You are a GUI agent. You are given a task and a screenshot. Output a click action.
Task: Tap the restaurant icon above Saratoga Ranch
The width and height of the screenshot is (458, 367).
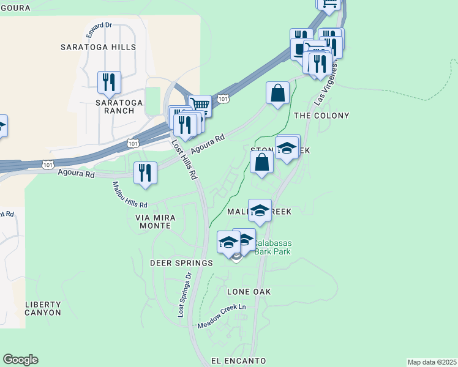click(x=109, y=82)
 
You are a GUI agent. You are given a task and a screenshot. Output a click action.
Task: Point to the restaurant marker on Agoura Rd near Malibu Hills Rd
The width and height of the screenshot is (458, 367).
click(x=145, y=172)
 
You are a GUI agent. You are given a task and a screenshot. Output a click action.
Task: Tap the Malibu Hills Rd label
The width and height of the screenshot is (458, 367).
click(x=130, y=195)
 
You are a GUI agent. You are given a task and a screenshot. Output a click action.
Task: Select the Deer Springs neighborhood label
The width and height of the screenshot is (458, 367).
click(x=181, y=263)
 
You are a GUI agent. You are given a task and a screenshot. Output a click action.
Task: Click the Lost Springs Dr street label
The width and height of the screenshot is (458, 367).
click(x=184, y=294)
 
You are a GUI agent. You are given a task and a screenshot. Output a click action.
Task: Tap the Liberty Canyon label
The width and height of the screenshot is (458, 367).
click(x=43, y=308)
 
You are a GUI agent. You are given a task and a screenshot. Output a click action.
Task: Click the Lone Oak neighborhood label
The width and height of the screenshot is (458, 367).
click(x=249, y=292)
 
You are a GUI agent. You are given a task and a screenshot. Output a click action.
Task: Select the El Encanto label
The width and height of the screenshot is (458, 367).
click(x=239, y=361)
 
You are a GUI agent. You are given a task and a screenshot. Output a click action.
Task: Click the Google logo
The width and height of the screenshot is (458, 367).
click(x=20, y=360)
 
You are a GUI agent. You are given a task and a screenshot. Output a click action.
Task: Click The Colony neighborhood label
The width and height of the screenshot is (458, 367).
click(x=321, y=116)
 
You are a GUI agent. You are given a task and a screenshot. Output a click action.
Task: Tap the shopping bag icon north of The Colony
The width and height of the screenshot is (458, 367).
click(x=277, y=94)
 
